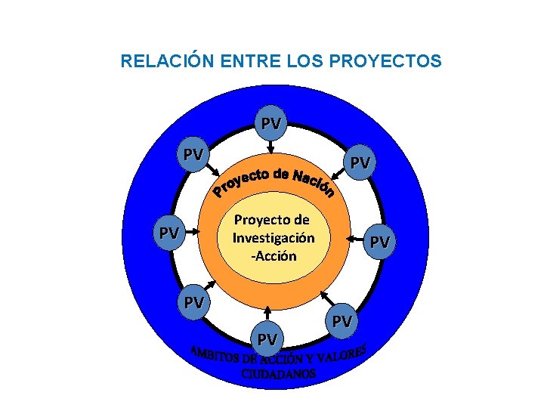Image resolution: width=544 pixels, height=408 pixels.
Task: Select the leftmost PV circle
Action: (x=168, y=233)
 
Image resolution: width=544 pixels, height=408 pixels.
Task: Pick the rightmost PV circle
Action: (x=380, y=242)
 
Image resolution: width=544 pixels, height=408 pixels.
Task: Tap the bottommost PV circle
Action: (x=267, y=339)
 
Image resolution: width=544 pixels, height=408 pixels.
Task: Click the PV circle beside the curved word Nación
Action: (x=360, y=162)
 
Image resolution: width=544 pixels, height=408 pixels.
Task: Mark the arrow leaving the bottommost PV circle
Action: (x=269, y=317)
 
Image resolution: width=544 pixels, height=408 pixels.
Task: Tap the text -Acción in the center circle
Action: (x=275, y=255)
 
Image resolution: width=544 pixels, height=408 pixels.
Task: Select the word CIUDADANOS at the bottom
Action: (x=279, y=374)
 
